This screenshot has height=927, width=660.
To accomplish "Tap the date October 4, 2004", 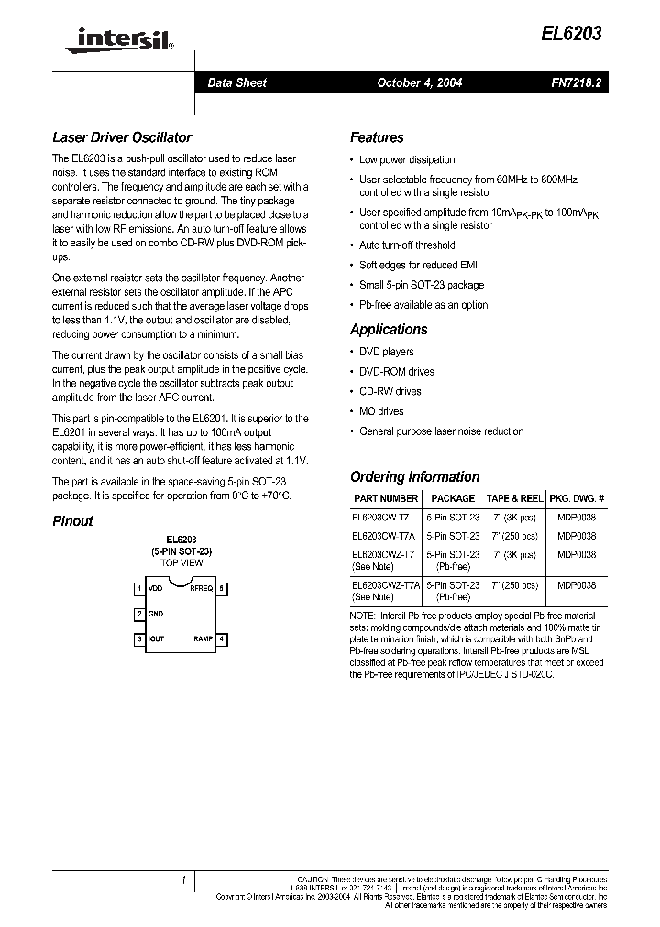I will tap(420, 82).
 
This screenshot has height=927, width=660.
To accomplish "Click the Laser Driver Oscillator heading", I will tap(122, 137).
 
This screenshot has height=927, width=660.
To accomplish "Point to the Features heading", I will tap(377, 137).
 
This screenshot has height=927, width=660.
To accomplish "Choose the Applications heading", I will tap(389, 329).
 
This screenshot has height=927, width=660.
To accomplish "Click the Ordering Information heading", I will tap(414, 476).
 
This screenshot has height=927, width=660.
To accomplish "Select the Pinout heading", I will tap(72, 521).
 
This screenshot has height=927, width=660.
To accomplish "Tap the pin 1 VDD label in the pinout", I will tap(157, 588).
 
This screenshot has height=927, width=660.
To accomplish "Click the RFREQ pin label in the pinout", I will tap(201, 588).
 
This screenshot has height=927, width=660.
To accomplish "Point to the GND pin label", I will tap(157, 614).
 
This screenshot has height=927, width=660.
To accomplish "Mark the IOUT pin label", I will tap(157, 638).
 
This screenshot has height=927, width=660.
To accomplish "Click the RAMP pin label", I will tap(203, 638).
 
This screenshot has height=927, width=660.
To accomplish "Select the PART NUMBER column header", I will tap(385, 498).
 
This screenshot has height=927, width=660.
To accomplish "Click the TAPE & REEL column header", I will tap(513, 498).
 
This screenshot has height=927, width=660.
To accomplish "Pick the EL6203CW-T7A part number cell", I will tap(384, 536).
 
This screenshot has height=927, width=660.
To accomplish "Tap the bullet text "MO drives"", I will tap(381, 411).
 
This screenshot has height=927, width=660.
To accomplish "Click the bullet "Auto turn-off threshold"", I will tap(407, 245).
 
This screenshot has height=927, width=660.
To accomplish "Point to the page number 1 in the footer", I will tap(184, 880).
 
